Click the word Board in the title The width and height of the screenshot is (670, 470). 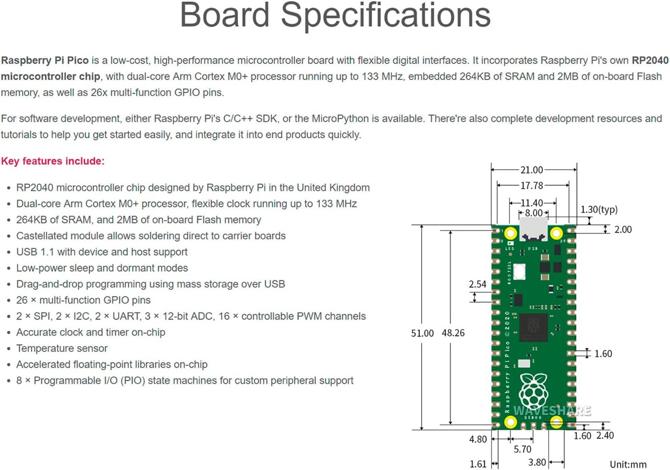tap(224, 16)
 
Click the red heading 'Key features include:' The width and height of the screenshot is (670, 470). tap(53, 161)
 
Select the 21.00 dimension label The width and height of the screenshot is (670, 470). tap(532, 170)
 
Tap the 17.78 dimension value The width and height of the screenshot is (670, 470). tap(532, 185)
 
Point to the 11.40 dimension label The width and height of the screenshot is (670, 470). tap(532, 203)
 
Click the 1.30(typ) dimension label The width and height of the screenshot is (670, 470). tap(599, 210)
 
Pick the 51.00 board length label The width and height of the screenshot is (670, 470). tap(422, 333)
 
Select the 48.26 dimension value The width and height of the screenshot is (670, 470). tap(453, 333)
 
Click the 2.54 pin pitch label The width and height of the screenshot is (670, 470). tap(477, 284)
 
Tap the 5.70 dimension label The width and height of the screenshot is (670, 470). tap(522, 449)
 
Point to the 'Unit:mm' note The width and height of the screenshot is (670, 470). tap(628, 465)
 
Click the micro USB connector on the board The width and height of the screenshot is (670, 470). tap(533, 229)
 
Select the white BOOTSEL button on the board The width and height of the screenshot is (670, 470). tap(519, 271)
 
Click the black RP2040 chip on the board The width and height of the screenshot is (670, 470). tap(533, 327)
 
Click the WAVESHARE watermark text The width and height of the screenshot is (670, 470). tap(552, 411)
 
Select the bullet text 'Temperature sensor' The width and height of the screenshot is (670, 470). tap(62, 348)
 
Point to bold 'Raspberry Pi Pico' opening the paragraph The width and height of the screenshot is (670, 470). tap(45, 60)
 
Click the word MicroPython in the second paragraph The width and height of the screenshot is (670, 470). tap(340, 119)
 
